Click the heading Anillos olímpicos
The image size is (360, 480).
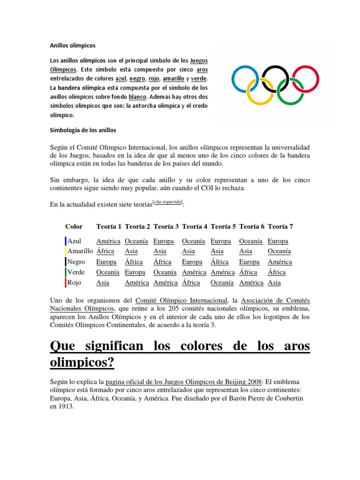click(x=73, y=46)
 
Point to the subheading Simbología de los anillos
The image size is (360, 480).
click(x=83, y=130)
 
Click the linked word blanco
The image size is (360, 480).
click(x=138, y=97)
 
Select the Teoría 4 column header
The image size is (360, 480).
click(x=195, y=226)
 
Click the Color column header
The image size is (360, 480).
click(x=74, y=226)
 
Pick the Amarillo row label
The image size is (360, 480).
click(x=80, y=251)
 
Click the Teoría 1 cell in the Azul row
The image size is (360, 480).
click(x=108, y=241)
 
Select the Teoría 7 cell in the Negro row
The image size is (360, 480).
click(x=280, y=262)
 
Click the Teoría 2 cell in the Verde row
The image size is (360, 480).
click(x=135, y=272)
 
